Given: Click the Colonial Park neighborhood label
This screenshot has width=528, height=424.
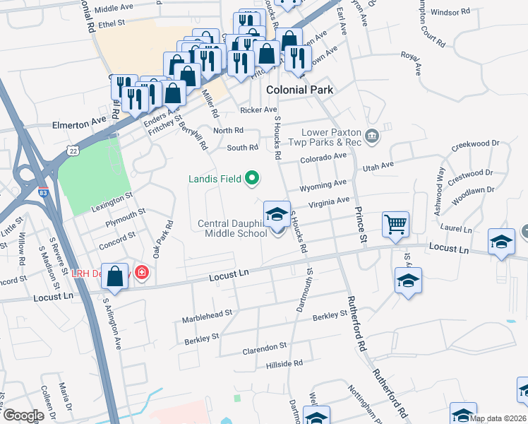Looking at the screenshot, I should click(x=299, y=90).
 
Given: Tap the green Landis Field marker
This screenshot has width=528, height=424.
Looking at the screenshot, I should click(x=251, y=179).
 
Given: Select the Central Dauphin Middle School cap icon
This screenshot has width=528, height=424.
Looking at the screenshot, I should click(x=277, y=214).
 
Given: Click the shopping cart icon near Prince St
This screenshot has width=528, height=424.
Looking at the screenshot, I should click(x=395, y=224).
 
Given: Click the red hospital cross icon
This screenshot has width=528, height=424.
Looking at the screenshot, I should click(x=141, y=272).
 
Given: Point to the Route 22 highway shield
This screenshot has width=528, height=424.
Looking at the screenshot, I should click(x=73, y=150).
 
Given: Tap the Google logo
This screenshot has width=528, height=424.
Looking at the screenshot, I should click(x=23, y=416).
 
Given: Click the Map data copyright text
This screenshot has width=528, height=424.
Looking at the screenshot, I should click(x=498, y=418).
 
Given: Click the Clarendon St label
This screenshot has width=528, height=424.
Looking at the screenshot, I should click(x=264, y=347).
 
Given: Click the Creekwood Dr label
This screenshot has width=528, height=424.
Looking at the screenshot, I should click(x=475, y=143).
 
